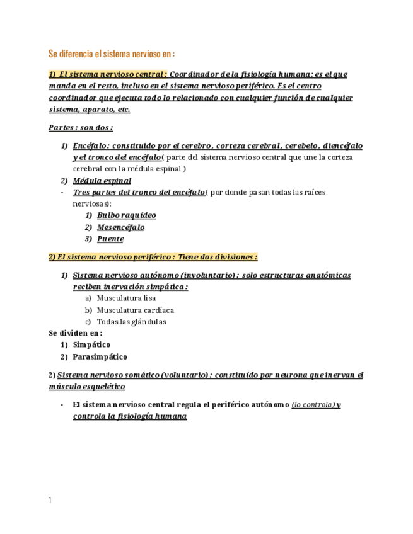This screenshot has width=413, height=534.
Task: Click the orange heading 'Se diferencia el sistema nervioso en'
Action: pos(111,54)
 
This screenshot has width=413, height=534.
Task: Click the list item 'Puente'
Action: pos(110,239)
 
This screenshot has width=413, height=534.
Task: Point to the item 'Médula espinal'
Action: pos(102,181)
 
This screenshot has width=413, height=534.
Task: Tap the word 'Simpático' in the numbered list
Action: pos(91,345)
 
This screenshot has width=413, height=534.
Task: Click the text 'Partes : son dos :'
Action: pos(81,128)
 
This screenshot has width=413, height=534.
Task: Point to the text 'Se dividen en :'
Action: pos(76,333)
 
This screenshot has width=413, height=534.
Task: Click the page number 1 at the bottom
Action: pos(50,501)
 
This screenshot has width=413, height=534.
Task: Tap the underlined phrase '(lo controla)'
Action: pos(313,405)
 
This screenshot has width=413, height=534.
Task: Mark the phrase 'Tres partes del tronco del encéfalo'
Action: pos(139,192)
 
